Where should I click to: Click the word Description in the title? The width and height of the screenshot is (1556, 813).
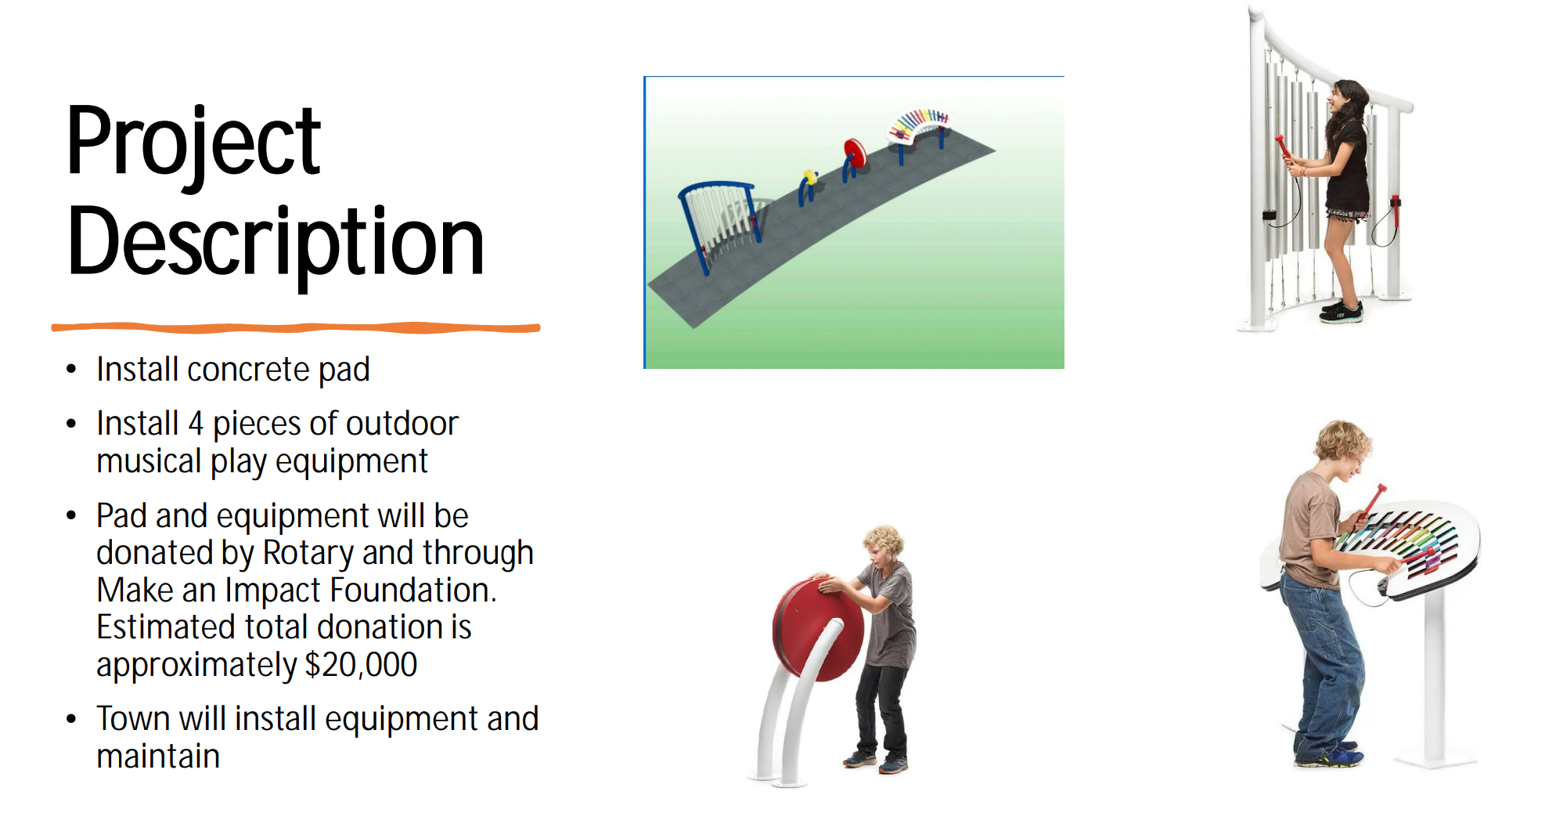[x=276, y=243]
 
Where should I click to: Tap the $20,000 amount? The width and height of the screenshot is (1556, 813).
[x=362, y=664]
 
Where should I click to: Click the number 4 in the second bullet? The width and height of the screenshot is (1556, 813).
[x=196, y=424]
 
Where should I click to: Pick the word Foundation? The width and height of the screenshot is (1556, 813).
[x=413, y=591]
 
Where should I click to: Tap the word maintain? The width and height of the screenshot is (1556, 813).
[x=158, y=757]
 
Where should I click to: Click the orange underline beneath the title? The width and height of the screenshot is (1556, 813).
[x=296, y=327]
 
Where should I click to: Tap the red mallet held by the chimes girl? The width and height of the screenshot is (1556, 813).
[x=1283, y=148]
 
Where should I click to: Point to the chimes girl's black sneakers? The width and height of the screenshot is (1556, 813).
[x=1342, y=311]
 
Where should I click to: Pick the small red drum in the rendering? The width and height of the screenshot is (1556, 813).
[x=855, y=154]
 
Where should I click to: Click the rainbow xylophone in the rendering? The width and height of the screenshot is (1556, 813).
[x=919, y=125]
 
